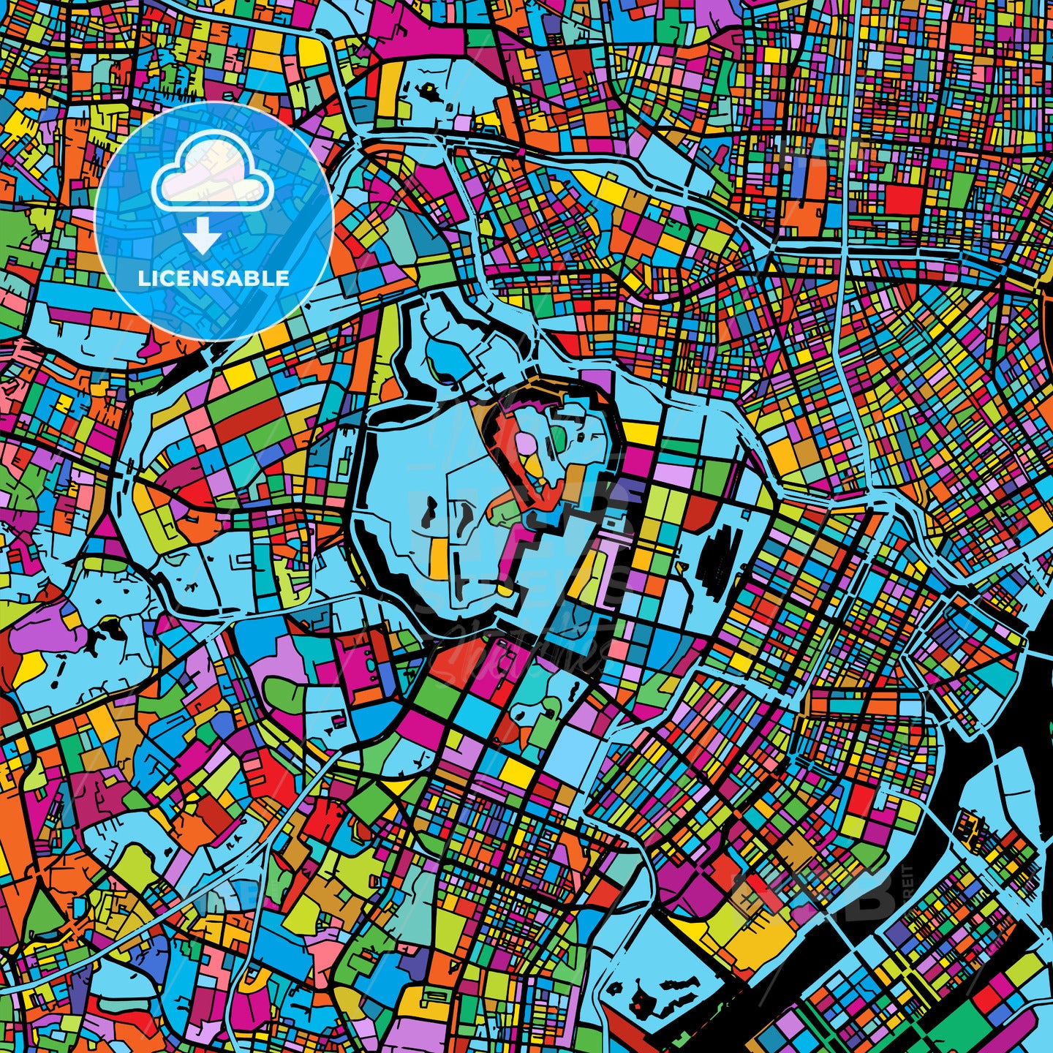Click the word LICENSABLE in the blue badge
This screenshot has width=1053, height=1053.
pyautogui.click(x=214, y=279)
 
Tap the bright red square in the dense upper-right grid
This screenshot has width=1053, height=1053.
pyautogui.click(x=902, y=198)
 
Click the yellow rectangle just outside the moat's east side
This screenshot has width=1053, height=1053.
pyautogui.click(x=641, y=434)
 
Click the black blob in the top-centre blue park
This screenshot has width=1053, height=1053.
pyautogui.click(x=428, y=93)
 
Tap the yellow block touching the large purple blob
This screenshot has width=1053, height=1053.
pyautogui.click(x=29, y=665)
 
